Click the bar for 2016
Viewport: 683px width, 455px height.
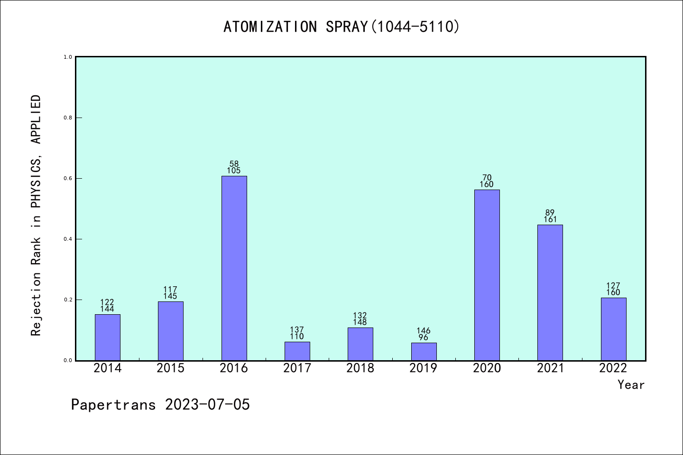(234, 268)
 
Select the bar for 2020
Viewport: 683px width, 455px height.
(487, 275)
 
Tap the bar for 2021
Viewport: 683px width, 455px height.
(550, 292)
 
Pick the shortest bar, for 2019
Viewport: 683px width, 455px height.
(424, 351)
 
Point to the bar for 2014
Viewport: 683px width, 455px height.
(107, 337)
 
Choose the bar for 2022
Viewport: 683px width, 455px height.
(613, 329)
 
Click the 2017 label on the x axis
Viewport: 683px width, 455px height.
(297, 368)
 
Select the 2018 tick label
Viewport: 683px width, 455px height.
(360, 368)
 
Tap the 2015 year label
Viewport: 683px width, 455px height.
(170, 368)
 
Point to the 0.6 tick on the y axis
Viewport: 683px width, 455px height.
(68, 178)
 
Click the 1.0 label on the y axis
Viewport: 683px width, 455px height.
(68, 57)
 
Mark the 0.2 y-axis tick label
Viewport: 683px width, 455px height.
(68, 300)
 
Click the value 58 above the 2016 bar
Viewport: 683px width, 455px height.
(234, 164)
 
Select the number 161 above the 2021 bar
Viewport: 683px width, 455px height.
(550, 219)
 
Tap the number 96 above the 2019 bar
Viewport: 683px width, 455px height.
(424, 337)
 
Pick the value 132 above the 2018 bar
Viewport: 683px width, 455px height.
(360, 316)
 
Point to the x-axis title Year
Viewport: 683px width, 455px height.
(631, 385)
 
